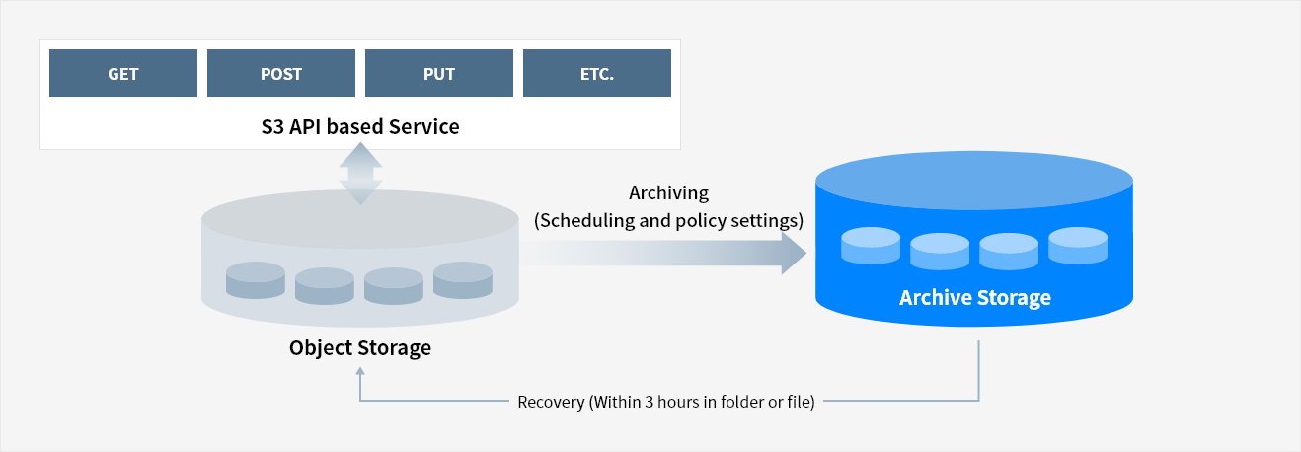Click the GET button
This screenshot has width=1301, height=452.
click(123, 74)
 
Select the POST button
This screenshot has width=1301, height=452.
click(281, 74)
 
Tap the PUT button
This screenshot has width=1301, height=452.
click(439, 74)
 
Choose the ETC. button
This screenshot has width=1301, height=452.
click(597, 74)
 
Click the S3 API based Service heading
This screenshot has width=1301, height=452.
click(360, 126)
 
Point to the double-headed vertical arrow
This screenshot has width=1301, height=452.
click(360, 173)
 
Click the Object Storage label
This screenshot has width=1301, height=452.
click(360, 347)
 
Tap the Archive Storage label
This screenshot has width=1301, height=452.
click(974, 297)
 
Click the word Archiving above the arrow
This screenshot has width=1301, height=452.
click(668, 192)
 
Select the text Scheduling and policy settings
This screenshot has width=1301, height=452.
click(668, 220)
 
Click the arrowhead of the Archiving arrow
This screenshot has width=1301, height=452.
click(794, 254)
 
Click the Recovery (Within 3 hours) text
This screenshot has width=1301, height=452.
click(666, 403)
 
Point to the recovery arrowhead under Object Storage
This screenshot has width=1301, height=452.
click(360, 374)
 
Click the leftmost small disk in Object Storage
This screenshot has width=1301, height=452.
click(256, 280)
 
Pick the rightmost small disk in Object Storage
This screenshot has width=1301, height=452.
click(463, 280)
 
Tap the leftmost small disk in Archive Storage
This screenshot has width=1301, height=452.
click(871, 246)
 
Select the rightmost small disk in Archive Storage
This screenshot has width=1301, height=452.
click(1078, 246)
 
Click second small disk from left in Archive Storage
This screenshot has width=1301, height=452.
click(940, 252)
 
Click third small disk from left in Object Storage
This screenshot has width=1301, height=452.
click(394, 286)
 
